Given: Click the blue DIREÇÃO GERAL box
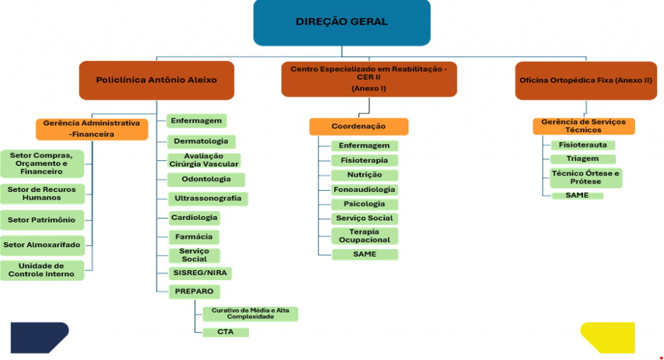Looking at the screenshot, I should point(342,22).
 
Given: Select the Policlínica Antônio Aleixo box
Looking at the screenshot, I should point(156,80).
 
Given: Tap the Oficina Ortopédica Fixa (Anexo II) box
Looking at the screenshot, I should point(586,80).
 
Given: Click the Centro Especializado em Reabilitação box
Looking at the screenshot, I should point(369,78).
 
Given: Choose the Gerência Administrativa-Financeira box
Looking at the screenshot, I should point(91,128).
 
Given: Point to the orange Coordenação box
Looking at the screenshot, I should point(359,126).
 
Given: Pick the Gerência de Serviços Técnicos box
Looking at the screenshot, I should point(583,126).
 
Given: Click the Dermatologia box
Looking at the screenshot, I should point(201,141).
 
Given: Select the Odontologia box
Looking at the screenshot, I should point(206,179).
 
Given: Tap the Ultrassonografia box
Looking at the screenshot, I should point(207,198).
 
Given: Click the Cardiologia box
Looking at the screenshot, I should point(194,217).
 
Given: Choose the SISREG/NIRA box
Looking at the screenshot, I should point(200,272).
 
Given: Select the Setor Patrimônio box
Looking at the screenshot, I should point(41,220).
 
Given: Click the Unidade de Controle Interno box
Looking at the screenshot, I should point(41,270).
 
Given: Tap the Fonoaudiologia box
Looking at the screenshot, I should point(364,189).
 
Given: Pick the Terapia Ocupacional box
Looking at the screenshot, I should point(364,235).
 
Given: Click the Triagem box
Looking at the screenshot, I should point(582,158).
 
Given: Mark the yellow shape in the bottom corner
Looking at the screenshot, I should point(607,337).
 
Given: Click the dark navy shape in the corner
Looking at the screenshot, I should point(38,337).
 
